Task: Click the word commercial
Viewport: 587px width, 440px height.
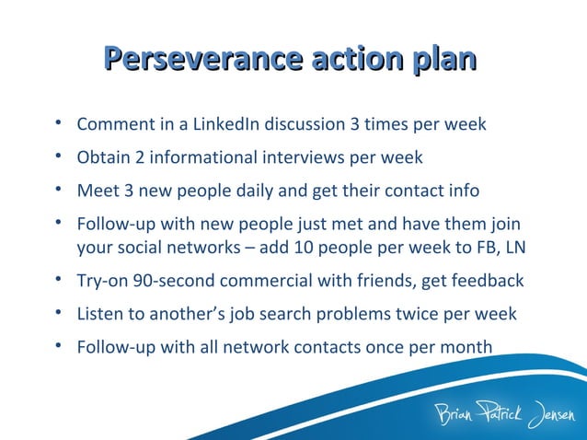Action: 259,281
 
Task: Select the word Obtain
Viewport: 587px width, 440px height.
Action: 103,157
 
